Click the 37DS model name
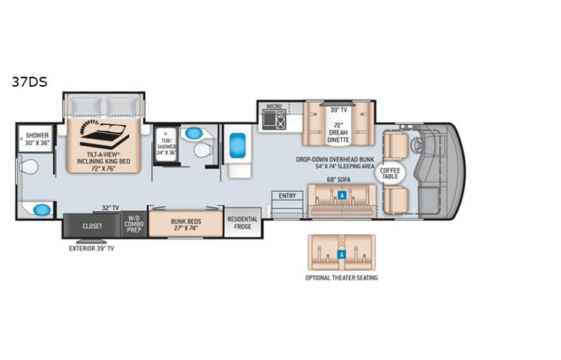coord(29,81)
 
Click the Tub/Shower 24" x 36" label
coord(166,142)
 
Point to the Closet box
coord(92,226)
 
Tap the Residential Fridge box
coord(243,223)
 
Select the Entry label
coord(287,197)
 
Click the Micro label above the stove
coord(274,107)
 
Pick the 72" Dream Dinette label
coord(338,130)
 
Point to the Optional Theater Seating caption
coord(342,278)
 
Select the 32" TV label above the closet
coord(111,207)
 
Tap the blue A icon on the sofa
coord(342,195)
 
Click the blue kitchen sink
coord(237,144)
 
